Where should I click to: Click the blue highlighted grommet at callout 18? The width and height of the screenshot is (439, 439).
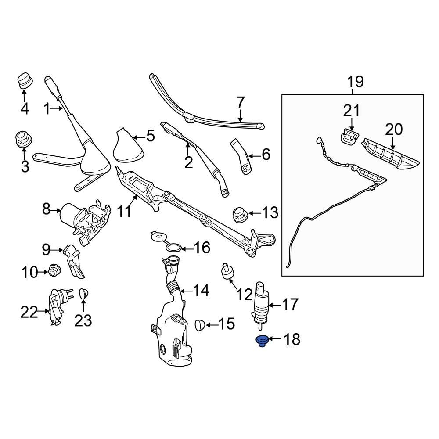pyautogui.click(x=262, y=341)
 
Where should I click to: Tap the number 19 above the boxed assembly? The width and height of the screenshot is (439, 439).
pyautogui.click(x=356, y=82)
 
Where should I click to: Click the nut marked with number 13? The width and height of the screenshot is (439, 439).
pyautogui.click(x=240, y=214)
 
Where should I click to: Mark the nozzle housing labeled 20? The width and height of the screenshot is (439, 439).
pyautogui.click(x=389, y=153)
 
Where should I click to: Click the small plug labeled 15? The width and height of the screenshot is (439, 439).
pyautogui.click(x=200, y=325)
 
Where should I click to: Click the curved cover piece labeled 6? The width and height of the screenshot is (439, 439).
pyautogui.click(x=241, y=156)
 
